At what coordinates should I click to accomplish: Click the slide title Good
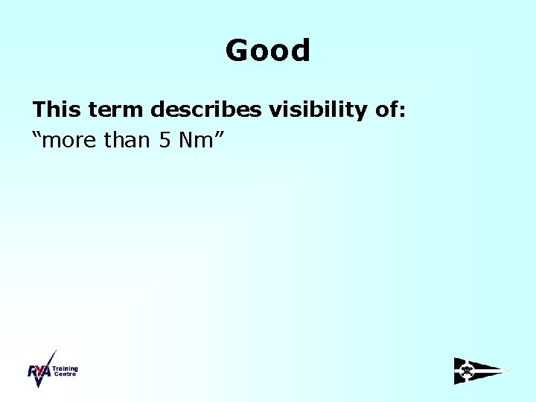pyautogui.click(x=267, y=51)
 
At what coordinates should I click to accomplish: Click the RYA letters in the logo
pyautogui.click(x=39, y=373)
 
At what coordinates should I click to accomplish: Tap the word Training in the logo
pyautogui.click(x=65, y=368)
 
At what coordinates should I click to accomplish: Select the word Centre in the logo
pyautogui.click(x=64, y=374)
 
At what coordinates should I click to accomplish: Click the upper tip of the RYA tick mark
pyautogui.click(x=54, y=351)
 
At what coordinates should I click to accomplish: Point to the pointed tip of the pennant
pyautogui.click(x=509, y=371)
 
